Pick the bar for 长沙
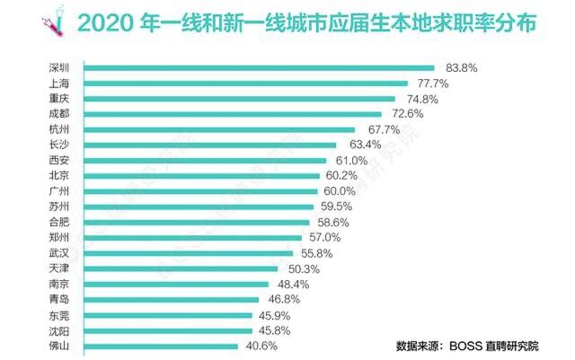tap(210, 145)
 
